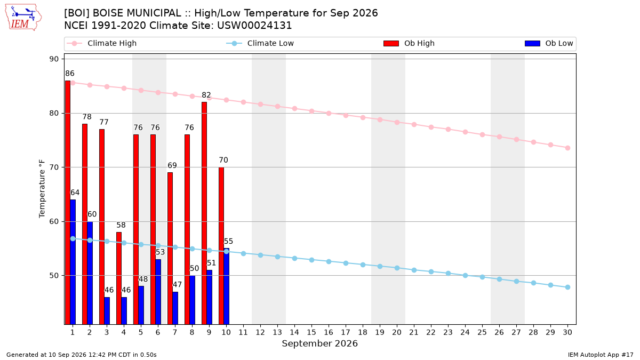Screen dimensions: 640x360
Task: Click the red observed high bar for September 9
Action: [204, 213]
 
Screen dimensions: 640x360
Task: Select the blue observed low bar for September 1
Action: [73, 262]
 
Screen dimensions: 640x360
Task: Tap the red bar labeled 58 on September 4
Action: [119, 278]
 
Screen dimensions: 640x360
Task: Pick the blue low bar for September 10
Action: [226, 286]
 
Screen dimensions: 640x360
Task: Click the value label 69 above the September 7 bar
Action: [172, 165]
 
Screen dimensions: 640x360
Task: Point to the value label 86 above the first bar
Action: [70, 74]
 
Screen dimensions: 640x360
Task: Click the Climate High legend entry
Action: [101, 43]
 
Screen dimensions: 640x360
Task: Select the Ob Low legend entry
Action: [549, 43]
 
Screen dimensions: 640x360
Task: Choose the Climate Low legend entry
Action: [260, 43]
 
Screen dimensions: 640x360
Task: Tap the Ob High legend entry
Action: [409, 43]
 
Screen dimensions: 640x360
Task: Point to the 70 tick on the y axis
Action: [54, 167]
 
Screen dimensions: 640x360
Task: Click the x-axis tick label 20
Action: [397, 332]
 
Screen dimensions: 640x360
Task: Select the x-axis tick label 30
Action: [567, 332]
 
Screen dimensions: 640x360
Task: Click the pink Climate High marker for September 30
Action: [567, 148]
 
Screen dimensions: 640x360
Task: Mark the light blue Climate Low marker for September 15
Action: [311, 260]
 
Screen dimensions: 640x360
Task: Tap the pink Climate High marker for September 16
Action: [329, 114]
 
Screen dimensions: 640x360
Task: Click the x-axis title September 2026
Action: [319, 343]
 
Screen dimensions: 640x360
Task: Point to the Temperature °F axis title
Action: [42, 189]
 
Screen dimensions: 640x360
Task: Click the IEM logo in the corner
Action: [23, 18]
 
